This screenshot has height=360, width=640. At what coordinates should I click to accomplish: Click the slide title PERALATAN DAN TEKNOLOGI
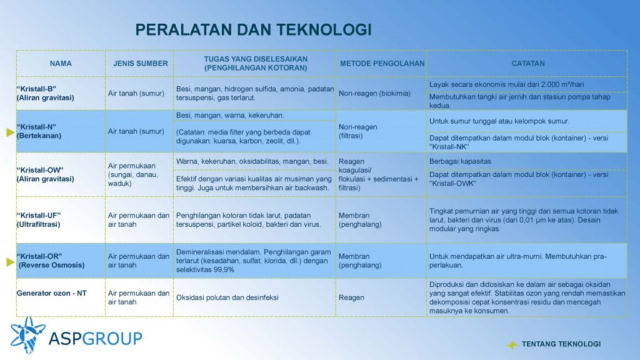point(254,30)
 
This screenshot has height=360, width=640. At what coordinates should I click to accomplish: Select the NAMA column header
point(61,64)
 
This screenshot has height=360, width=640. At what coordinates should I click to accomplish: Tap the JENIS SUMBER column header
point(141,64)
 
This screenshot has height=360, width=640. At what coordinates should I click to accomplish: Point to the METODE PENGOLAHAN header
point(382,64)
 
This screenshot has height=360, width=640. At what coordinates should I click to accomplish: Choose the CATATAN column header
point(528,64)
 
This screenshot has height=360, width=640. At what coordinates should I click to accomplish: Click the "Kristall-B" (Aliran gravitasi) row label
point(45,94)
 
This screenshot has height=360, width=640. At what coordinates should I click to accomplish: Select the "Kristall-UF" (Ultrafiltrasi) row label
point(39,220)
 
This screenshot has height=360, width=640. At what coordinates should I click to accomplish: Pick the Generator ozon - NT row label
point(51,293)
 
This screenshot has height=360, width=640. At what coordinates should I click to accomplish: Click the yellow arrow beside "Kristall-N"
point(11,132)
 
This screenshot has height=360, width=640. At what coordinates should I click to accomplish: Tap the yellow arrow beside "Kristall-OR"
point(11,262)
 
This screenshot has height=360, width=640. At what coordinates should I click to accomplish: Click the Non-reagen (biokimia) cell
point(374,94)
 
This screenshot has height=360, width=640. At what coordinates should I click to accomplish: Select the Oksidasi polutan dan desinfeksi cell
point(227,297)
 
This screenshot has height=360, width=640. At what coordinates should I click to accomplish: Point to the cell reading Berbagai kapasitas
point(460,161)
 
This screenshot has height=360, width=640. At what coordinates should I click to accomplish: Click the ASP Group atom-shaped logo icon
point(27,336)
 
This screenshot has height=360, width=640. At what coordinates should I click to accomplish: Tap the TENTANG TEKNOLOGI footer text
point(561,344)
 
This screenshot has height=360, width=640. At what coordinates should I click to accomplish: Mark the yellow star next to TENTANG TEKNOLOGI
point(512,345)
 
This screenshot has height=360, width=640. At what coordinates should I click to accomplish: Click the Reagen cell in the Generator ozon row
point(351,297)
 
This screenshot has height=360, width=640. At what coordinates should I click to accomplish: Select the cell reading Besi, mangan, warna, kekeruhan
point(230,116)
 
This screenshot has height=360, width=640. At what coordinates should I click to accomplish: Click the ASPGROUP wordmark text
point(96,338)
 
